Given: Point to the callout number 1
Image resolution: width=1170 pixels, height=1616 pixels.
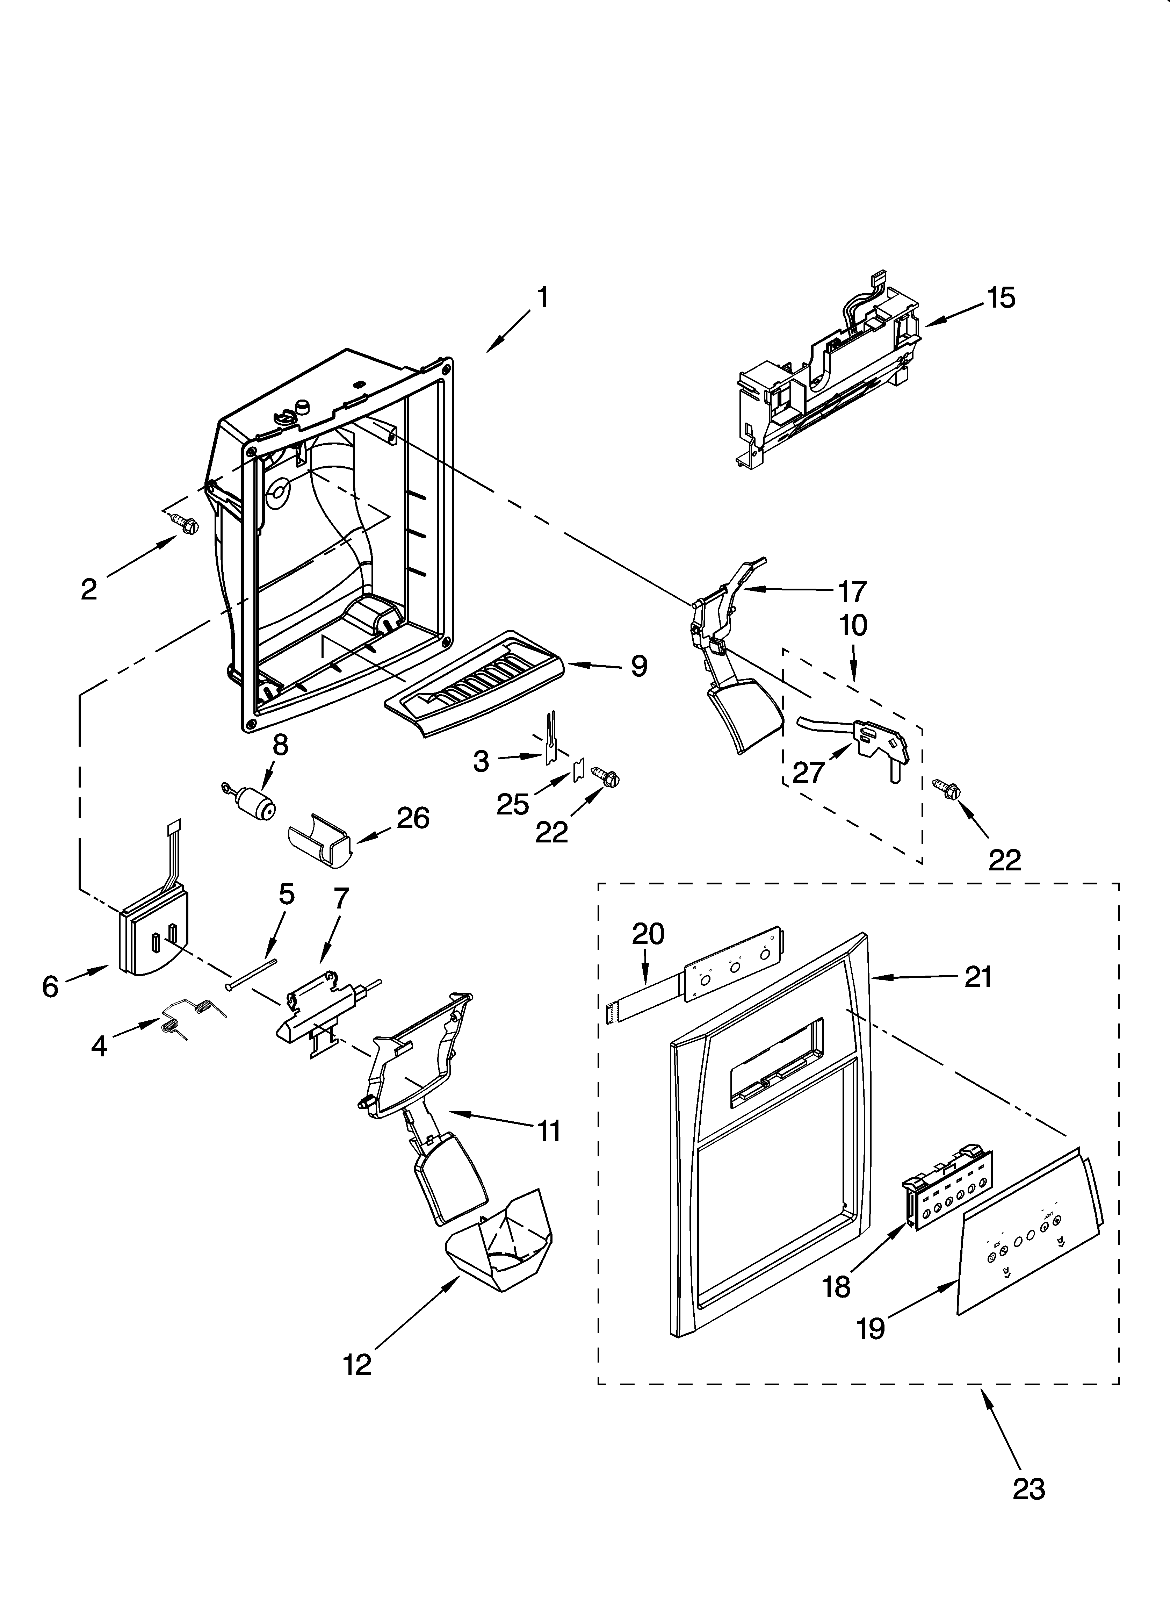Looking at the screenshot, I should pyautogui.click(x=542, y=298).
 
